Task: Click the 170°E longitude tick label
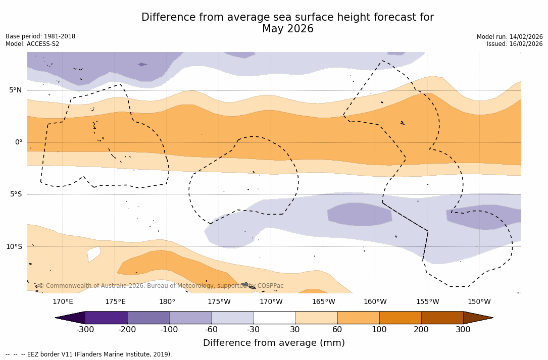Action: click(x=63, y=302)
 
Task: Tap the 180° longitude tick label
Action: click(x=167, y=302)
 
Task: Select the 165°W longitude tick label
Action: click(x=323, y=302)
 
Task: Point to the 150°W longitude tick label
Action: click(x=479, y=302)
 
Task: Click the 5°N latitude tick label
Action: click(x=16, y=90)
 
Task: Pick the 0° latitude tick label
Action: click(x=19, y=142)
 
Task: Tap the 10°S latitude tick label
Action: click(x=14, y=247)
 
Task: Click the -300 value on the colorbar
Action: click(x=85, y=330)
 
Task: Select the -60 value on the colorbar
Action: click(x=211, y=330)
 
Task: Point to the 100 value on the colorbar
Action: click(x=379, y=330)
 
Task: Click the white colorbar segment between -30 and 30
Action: click(x=274, y=318)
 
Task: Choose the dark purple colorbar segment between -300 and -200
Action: click(x=106, y=318)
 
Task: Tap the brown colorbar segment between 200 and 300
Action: click(x=442, y=318)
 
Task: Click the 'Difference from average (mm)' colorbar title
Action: click(x=274, y=343)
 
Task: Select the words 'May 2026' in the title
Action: click(x=287, y=29)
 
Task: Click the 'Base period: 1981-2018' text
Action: click(x=40, y=36)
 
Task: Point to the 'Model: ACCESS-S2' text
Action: click(x=32, y=44)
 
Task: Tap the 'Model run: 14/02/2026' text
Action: click(x=510, y=37)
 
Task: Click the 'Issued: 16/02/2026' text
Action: click(x=515, y=44)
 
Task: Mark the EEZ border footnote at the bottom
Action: click(x=89, y=354)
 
